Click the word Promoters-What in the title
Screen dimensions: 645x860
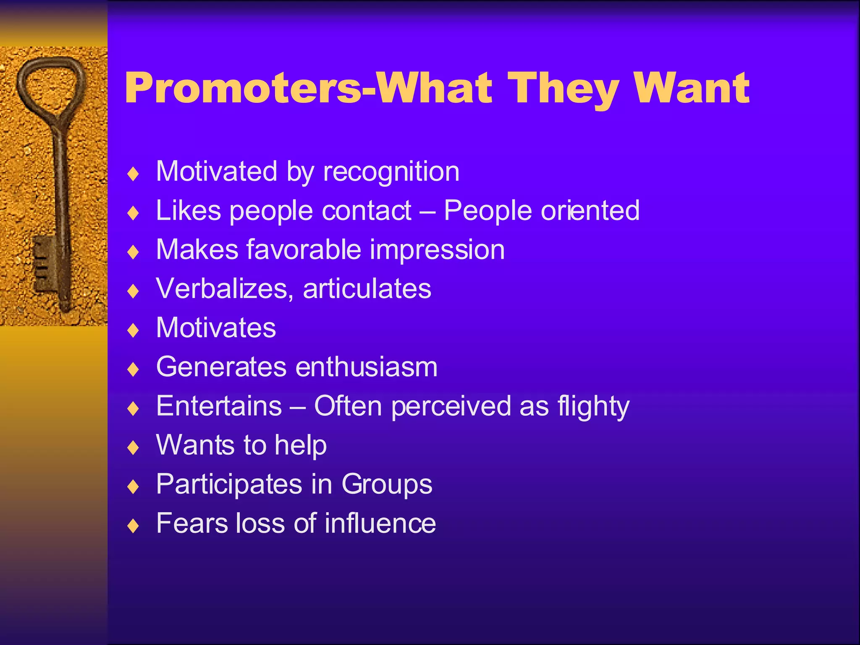309,88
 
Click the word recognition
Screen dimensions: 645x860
391,172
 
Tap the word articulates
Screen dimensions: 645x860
367,288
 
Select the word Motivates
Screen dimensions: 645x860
216,328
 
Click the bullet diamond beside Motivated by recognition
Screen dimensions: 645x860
133,174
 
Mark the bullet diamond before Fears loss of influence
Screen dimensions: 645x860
133,526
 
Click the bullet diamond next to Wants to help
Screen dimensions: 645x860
133,448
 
